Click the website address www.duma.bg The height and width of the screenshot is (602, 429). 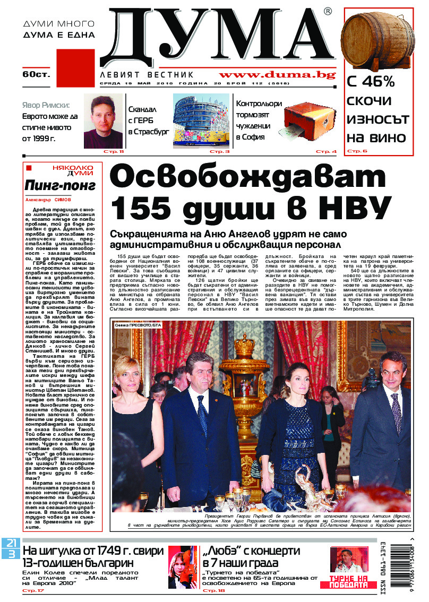[x=277, y=75]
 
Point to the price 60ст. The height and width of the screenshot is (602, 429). [x=36, y=74]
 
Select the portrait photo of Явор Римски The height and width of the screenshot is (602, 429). [x=103, y=122]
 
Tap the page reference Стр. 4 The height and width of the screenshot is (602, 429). [x=327, y=152]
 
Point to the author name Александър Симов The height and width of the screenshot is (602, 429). [x=48, y=200]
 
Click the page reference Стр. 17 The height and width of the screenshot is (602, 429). [x=33, y=590]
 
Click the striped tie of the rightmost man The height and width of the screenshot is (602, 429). [x=396, y=409]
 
